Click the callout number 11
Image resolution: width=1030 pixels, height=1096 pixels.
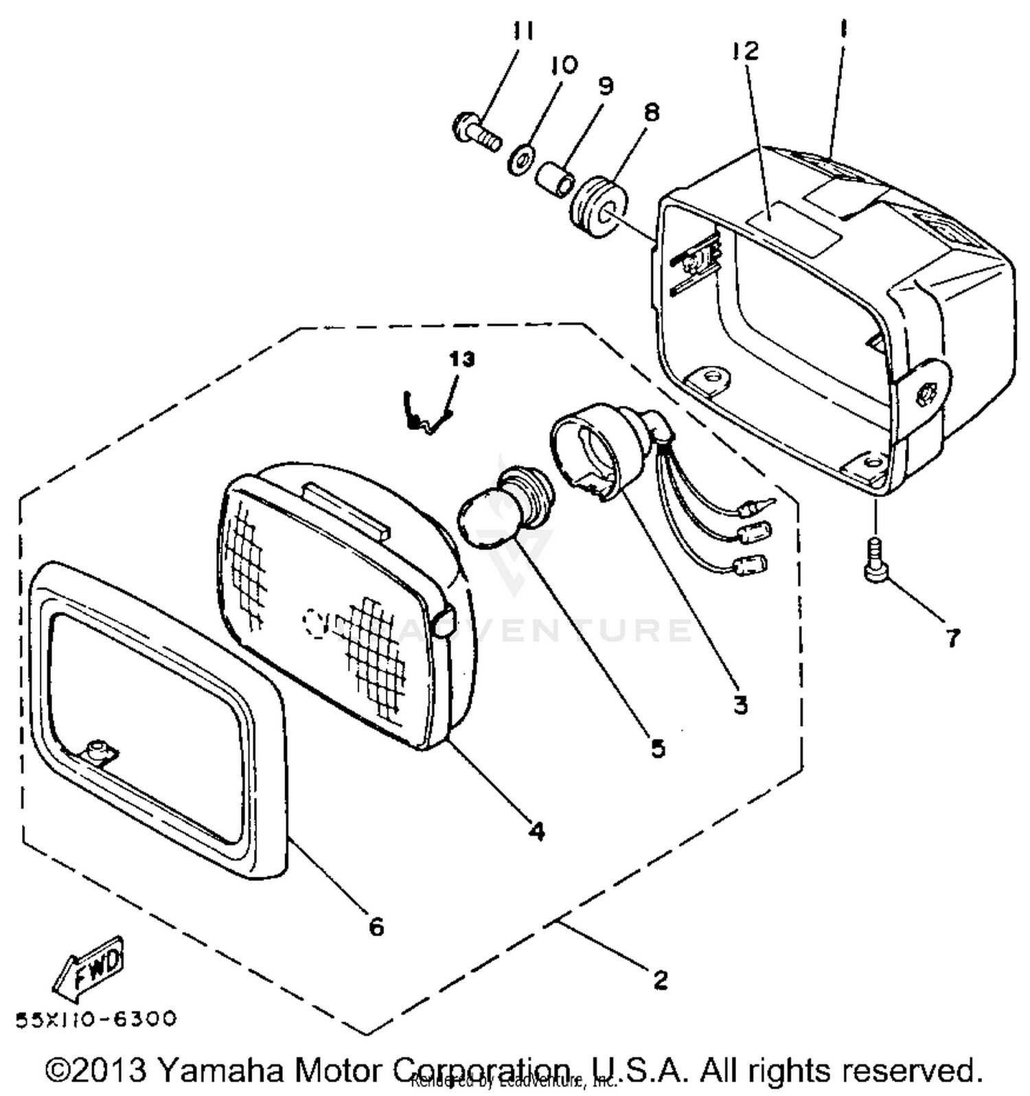point(523,32)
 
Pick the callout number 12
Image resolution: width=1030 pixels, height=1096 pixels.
point(745,51)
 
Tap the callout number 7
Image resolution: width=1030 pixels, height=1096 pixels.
point(952,638)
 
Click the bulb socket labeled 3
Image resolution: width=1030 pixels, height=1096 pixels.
point(596,448)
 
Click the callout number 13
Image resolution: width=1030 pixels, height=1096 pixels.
point(462,358)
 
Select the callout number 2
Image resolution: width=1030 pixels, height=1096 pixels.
point(660,980)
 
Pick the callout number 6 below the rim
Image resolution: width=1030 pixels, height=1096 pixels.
point(376,927)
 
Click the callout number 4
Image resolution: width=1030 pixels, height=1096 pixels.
point(536,831)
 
